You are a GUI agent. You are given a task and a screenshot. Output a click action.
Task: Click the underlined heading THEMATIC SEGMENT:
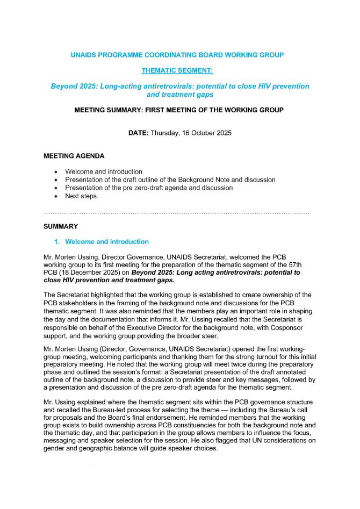179,70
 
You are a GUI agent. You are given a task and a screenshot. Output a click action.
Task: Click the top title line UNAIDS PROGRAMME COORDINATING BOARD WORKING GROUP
179,55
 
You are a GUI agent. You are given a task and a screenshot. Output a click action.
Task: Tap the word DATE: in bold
139,133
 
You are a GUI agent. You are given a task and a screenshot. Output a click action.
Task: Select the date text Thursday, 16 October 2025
191,133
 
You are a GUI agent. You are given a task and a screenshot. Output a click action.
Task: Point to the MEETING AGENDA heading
74,156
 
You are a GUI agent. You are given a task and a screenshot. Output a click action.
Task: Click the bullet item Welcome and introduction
104,171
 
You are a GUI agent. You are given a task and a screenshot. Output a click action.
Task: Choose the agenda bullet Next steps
81,196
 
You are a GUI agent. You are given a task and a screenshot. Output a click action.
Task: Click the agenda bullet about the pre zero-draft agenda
149,188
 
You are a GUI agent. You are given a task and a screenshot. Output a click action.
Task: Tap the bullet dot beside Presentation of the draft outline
56,180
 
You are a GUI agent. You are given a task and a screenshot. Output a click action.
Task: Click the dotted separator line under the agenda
176,213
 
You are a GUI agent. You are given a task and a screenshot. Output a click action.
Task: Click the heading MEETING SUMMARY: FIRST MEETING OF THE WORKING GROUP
179,110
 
